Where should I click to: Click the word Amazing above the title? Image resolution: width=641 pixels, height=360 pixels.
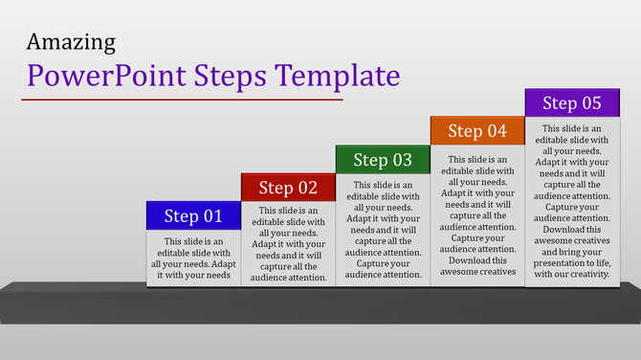coord(72,42)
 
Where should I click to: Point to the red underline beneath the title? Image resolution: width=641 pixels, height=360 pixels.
coord(182,99)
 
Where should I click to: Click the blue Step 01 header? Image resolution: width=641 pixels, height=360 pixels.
coord(192,215)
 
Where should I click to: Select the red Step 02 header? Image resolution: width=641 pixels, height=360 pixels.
coord(288,188)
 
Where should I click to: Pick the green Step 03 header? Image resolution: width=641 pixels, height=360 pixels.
coord(383,160)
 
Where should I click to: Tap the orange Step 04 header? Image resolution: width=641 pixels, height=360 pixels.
coord(477,131)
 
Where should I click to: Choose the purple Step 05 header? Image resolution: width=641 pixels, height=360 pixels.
coord(572,102)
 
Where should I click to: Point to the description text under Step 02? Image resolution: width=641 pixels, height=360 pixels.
coord(288,243)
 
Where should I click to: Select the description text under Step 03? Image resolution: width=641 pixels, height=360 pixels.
coord(383,229)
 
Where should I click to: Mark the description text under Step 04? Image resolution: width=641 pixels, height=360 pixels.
coord(477,215)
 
